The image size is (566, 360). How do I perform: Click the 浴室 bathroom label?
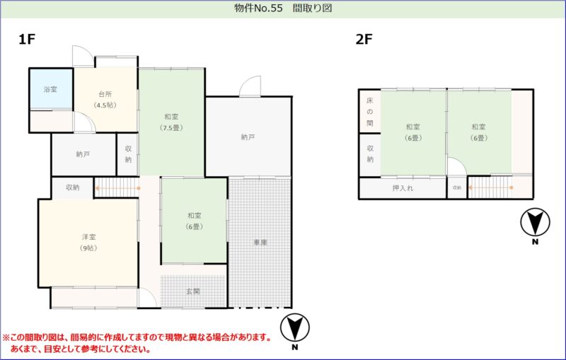[x=50, y=89]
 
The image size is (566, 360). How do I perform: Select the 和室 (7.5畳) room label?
[x=171, y=122]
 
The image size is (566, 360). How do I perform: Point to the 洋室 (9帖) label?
[x=89, y=243]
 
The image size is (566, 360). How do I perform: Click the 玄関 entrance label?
[x=193, y=291]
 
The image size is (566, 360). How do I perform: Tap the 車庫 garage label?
[x=260, y=243]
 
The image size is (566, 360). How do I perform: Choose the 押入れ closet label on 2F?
[x=403, y=188]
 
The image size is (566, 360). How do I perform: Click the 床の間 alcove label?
[x=369, y=112]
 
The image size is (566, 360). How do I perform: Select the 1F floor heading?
[x=27, y=39]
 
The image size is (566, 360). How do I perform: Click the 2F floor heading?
[x=364, y=39]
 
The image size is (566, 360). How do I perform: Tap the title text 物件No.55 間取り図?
[x=283, y=8]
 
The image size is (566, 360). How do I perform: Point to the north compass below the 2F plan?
[x=535, y=226]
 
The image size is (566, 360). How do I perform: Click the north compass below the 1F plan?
[x=295, y=331]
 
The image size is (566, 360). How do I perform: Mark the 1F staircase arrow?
[x=117, y=188]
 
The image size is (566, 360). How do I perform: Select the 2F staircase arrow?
[x=490, y=187]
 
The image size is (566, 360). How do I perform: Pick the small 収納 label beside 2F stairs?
[x=457, y=188]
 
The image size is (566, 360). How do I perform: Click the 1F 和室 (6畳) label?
[x=195, y=221]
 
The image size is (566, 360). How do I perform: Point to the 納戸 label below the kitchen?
[x=83, y=154]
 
